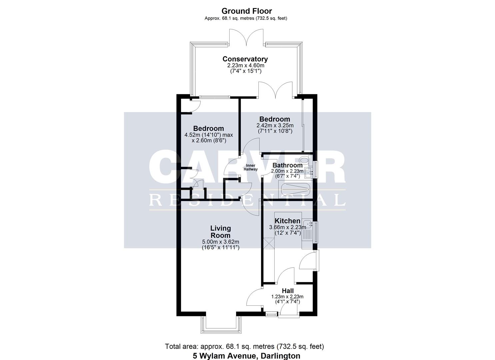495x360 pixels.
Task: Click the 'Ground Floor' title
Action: pos(247,11)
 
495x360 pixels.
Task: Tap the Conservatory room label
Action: pos(245,59)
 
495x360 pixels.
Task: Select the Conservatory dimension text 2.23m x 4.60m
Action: pos(245,66)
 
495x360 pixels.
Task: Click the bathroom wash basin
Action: pos(310,172)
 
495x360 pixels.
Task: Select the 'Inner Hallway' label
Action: pos(250,167)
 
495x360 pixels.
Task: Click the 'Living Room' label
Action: pos(220,232)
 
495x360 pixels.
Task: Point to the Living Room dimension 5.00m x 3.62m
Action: pos(220,242)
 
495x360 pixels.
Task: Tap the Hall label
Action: pos(287,291)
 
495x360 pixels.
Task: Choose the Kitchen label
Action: pos(287,221)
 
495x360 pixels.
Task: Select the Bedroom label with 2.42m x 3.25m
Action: pos(275,119)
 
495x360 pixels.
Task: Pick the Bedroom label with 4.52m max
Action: pos(208,128)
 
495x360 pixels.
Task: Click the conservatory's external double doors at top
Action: pos(247,38)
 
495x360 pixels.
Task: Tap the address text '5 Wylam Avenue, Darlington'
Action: pos(247,356)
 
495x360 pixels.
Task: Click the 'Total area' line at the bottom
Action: pos(244,346)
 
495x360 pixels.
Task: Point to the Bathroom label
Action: pos(287,165)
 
